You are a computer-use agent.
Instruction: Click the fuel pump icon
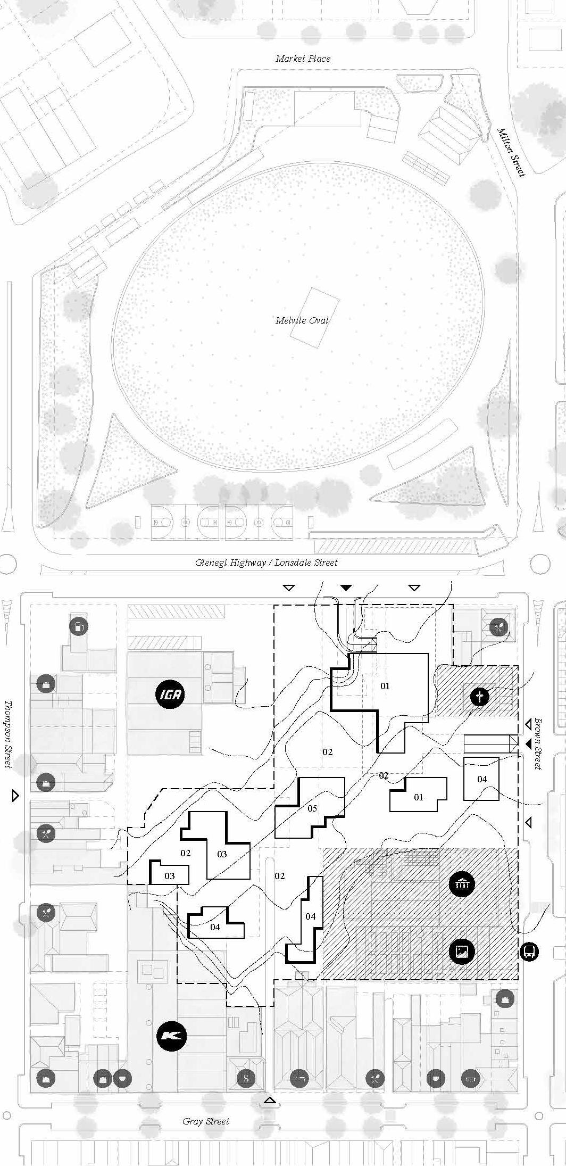point(79,626)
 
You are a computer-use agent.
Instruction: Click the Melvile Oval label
point(302,320)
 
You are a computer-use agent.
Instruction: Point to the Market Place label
point(303,59)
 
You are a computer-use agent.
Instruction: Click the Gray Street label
point(206,1121)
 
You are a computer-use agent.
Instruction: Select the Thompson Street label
point(9,734)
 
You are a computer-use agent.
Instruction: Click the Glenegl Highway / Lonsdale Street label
point(267,563)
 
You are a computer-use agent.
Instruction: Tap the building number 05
point(312,808)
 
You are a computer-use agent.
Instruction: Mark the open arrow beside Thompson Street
point(15,796)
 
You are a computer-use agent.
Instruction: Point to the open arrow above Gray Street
point(270,1100)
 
